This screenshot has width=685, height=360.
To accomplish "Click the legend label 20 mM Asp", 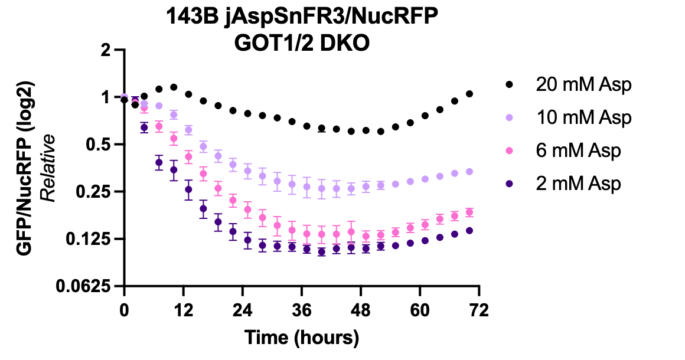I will click(x=583, y=84).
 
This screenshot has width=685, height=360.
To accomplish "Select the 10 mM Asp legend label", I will click(x=583, y=117).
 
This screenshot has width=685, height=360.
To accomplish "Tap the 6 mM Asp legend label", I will click(x=578, y=150).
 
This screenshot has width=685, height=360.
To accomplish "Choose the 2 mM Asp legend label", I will click(x=578, y=184).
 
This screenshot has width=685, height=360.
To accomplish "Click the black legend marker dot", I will click(x=510, y=85).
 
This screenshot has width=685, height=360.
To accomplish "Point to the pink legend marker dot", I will click(x=510, y=151).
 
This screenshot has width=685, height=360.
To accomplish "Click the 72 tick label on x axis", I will click(x=479, y=309).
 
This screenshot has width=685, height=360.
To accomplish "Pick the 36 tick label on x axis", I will click(x=302, y=309).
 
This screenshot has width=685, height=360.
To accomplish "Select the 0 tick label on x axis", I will click(x=124, y=309).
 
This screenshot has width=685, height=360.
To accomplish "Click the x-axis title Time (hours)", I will click(x=302, y=338).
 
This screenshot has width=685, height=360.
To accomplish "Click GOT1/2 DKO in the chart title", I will click(x=302, y=44).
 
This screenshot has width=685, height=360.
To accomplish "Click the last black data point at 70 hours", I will click(x=469, y=94).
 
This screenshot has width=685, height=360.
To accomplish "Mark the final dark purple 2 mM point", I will click(x=469, y=230).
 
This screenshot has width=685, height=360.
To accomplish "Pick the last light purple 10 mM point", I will click(x=469, y=171).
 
